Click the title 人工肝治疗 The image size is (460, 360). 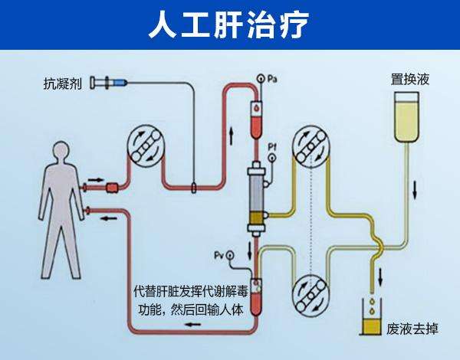pyautogui.click(x=228, y=25)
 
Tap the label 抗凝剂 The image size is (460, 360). pyautogui.click(x=63, y=83)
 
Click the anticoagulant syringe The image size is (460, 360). pyautogui.click(x=109, y=83)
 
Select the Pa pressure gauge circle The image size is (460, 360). pyautogui.click(x=260, y=79)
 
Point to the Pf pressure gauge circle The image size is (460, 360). pyautogui.click(x=272, y=158)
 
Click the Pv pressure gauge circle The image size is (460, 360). pyautogui.click(x=230, y=256)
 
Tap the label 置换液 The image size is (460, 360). pyautogui.click(x=410, y=79)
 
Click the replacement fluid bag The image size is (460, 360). pyautogui.click(x=406, y=117)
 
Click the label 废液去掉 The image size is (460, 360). pyautogui.click(x=412, y=329)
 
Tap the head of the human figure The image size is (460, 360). pyautogui.click(x=61, y=151)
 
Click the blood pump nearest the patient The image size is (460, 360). pyautogui.click(x=145, y=144)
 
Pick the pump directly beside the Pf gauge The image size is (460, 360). pyautogui.click(x=310, y=146)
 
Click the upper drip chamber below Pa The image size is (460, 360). pyautogui.click(x=256, y=119)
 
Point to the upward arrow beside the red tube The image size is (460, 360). pyautogui.click(x=232, y=136)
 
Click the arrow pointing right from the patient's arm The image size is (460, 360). pyautogui.click(x=96, y=179)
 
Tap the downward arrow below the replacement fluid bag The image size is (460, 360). pyautogui.click(x=415, y=190)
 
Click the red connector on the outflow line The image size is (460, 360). pyautogui.click(x=112, y=188)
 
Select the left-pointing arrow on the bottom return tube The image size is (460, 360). pyautogui.click(x=193, y=325)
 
